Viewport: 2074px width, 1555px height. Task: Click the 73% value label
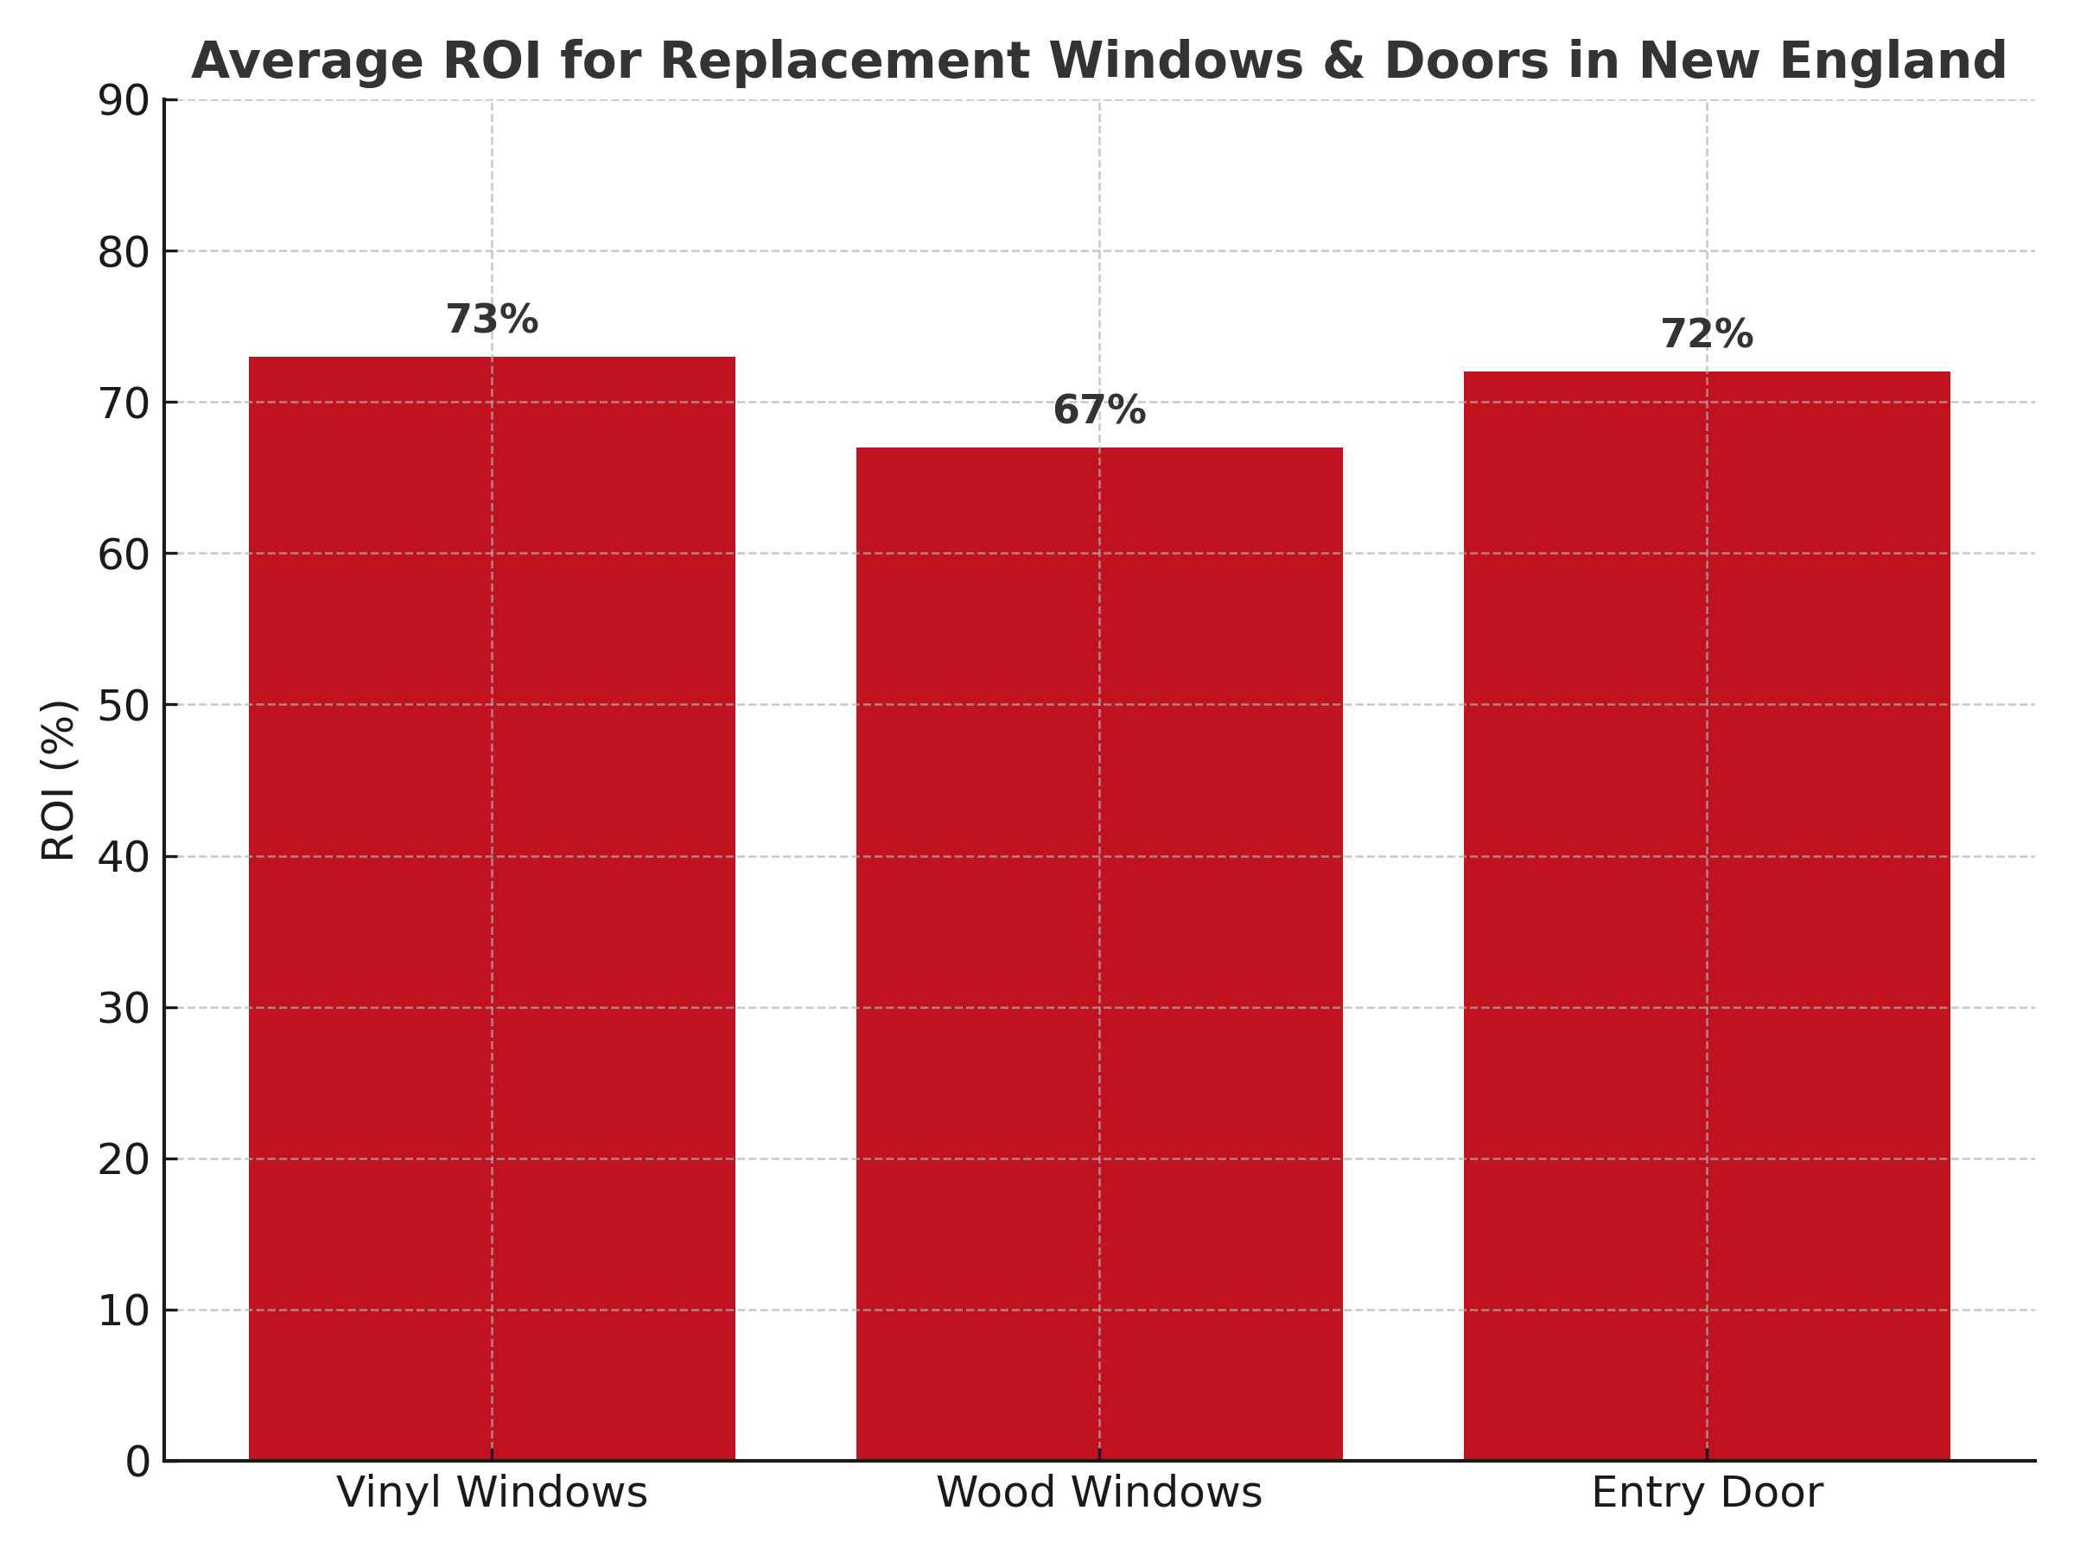click(492, 320)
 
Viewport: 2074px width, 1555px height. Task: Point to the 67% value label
click(1099, 410)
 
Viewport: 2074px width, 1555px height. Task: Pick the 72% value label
click(1707, 334)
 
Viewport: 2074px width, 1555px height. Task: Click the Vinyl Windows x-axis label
click(492, 1492)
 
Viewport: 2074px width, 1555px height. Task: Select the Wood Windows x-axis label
click(1099, 1492)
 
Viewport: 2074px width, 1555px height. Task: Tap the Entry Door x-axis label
click(1707, 1492)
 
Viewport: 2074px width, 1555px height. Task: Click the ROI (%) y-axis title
click(58, 780)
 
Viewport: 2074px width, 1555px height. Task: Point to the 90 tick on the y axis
click(124, 101)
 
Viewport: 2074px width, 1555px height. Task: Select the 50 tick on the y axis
click(124, 706)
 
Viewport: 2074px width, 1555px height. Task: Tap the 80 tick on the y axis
click(124, 252)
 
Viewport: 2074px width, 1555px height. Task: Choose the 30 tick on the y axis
click(124, 1008)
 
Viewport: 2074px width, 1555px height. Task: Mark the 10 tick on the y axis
click(124, 1311)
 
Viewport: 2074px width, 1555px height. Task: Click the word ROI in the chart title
click(492, 62)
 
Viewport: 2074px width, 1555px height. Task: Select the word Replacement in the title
click(798, 62)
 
